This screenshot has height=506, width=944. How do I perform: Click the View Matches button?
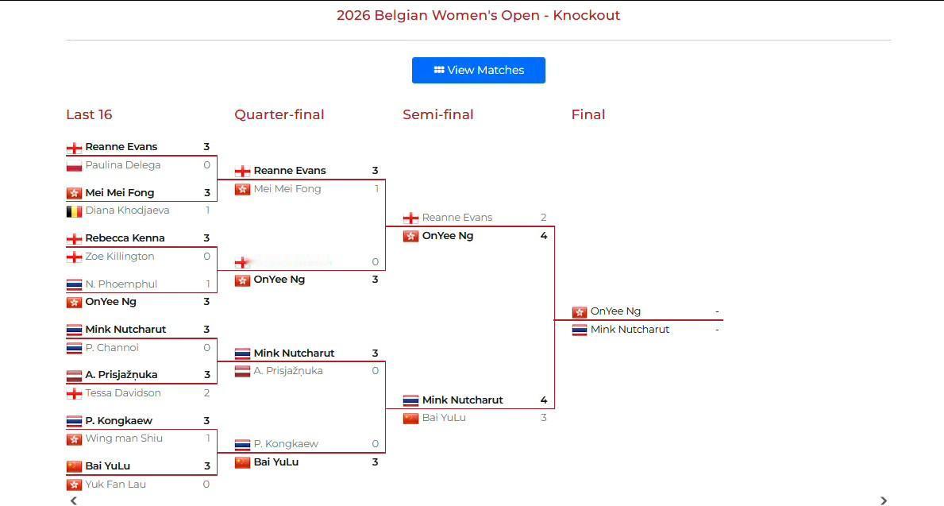pos(478,70)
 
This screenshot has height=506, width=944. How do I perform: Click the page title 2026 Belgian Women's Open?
pos(478,15)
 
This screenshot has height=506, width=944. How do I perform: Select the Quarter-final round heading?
pos(279,114)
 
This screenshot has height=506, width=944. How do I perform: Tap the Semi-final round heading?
pos(437,114)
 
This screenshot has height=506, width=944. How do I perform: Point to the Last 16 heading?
pos(89,114)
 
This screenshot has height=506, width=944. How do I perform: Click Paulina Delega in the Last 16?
pos(122,165)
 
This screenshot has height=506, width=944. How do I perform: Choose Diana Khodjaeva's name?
pos(127,211)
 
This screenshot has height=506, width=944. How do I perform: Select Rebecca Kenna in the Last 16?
pos(125,238)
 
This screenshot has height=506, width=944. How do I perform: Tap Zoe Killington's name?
pos(120,257)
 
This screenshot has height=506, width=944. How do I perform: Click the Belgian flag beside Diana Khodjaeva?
pos(74,211)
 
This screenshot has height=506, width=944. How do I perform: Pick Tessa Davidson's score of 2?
pos(206,393)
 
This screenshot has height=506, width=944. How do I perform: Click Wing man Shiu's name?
pos(124,438)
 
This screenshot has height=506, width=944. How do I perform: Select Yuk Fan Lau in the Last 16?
pos(115,485)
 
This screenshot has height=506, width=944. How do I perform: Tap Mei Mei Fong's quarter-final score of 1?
pos(376,189)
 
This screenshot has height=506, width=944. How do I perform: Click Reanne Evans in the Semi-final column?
pos(457,218)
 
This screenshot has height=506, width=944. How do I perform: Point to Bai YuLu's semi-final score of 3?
pos(543,418)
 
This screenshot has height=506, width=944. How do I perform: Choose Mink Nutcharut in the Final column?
pos(630,330)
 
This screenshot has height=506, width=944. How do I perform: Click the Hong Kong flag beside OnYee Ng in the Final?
pos(580,312)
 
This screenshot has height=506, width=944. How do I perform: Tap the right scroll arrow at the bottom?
pos(884,500)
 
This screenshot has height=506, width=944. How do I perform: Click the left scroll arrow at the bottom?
pos(74,500)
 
